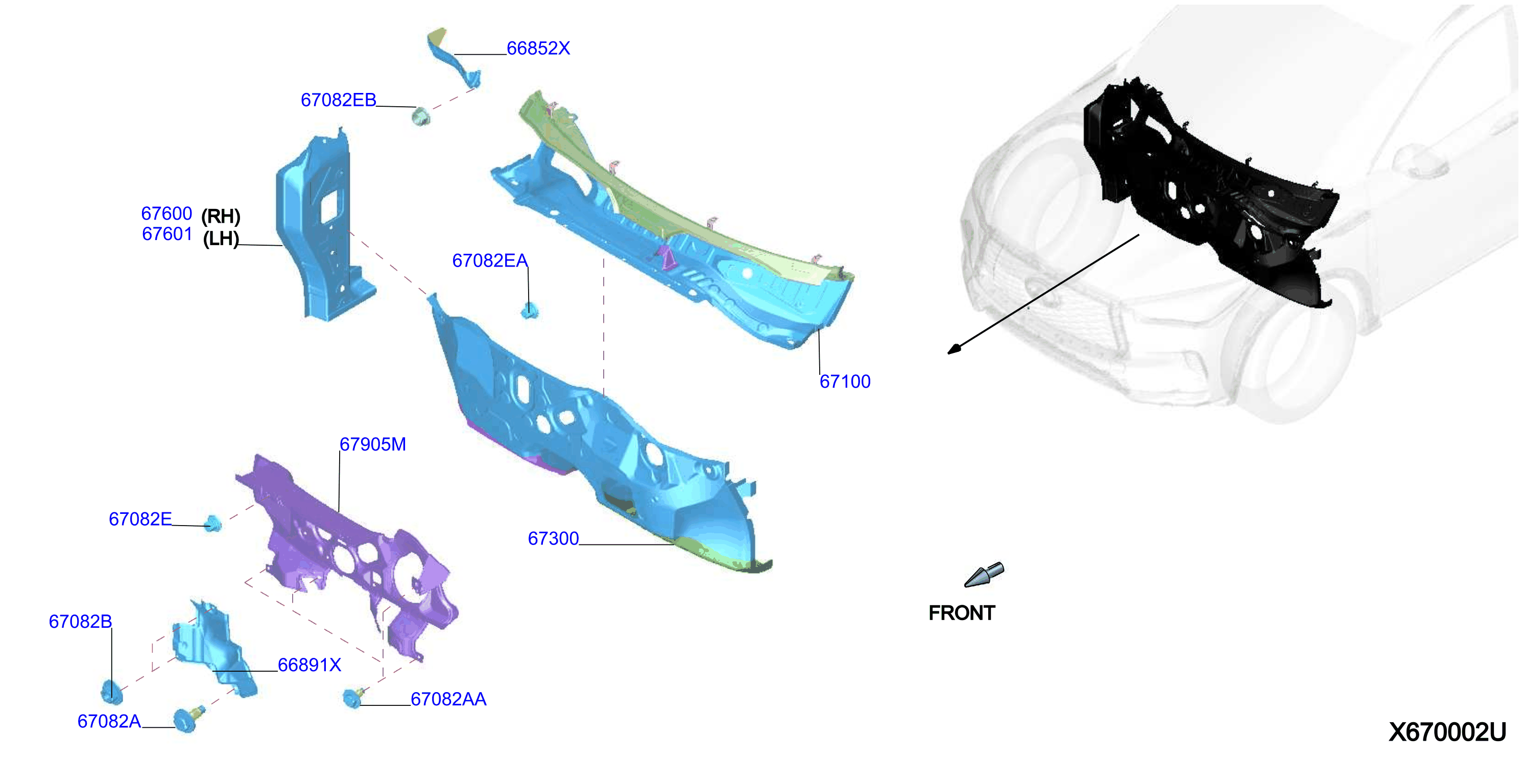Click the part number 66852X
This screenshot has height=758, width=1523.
538,49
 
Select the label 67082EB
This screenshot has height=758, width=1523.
338,100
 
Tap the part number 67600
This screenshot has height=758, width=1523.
166,214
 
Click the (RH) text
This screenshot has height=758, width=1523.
221,217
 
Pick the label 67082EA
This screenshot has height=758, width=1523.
489,260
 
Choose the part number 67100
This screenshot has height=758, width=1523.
845,382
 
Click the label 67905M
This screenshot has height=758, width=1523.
372,444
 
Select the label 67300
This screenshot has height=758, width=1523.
554,539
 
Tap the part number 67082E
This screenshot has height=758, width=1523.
140,519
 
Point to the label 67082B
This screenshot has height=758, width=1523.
80,622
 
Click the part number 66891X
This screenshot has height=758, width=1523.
309,665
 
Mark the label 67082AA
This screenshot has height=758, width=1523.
448,699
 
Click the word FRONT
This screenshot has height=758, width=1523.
962,613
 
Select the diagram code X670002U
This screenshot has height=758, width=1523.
1447,732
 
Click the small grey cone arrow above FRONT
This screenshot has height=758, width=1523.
984,575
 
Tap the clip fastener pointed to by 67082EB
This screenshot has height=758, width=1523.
421,116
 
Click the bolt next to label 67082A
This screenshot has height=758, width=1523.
188,719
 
